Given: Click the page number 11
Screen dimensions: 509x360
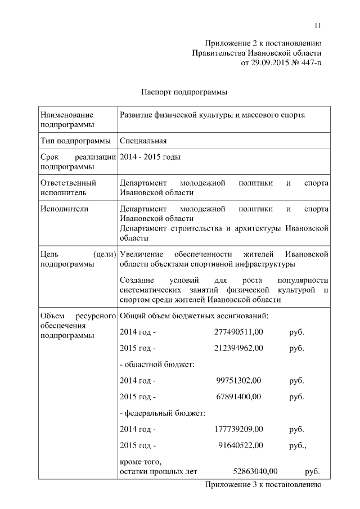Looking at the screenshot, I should coord(318,25).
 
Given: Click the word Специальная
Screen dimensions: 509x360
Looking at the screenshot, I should coord(143,141).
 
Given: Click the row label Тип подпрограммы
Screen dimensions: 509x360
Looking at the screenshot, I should coord(75,141).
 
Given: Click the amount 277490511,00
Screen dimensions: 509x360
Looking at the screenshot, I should coord(238,332).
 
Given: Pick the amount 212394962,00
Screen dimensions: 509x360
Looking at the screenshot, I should coord(238,348).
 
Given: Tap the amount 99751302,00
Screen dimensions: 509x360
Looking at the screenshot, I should coord(238,381).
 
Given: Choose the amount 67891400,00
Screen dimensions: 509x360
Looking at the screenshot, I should coord(238,397).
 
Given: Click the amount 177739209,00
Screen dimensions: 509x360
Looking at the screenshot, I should coord(238,430).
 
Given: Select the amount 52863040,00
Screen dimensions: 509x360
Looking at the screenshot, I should coord(255,471).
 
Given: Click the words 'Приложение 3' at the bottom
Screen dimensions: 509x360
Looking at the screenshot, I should coord(231,484).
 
